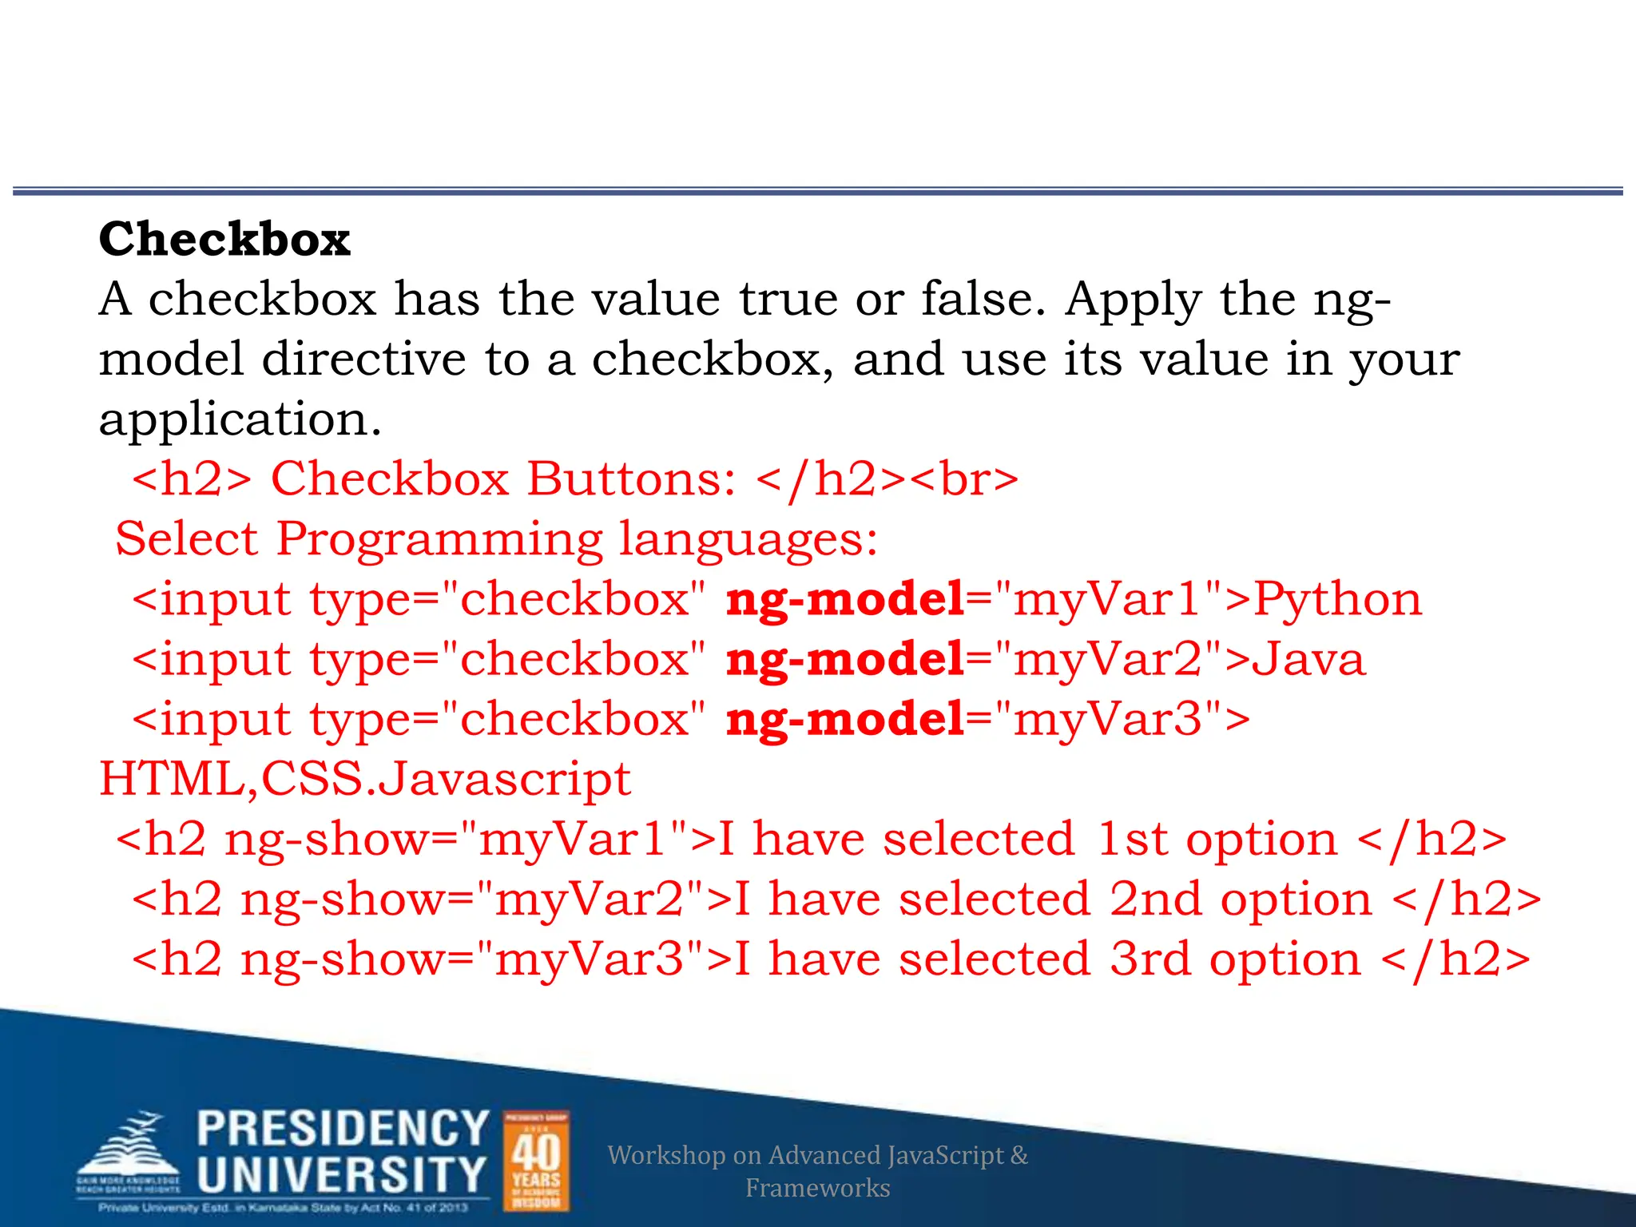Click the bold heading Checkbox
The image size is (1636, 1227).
coord(224,239)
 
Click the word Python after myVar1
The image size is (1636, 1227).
coord(1337,599)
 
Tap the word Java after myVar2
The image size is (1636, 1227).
coord(1308,659)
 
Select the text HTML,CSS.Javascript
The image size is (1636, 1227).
coord(365,779)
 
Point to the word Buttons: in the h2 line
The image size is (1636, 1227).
coord(631,479)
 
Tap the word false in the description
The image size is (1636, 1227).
coord(983,299)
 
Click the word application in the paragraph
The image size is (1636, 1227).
coord(240,419)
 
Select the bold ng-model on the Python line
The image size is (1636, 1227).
coord(845,599)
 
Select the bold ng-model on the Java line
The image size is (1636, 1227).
coord(845,659)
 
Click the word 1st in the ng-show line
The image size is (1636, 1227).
coord(1133,840)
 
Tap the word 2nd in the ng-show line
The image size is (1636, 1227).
coord(1155,899)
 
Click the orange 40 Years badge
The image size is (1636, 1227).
coord(536,1161)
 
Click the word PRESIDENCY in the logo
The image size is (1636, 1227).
coord(343,1129)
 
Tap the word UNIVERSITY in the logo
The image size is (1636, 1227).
coord(341,1175)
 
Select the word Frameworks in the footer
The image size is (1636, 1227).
coord(817,1188)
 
